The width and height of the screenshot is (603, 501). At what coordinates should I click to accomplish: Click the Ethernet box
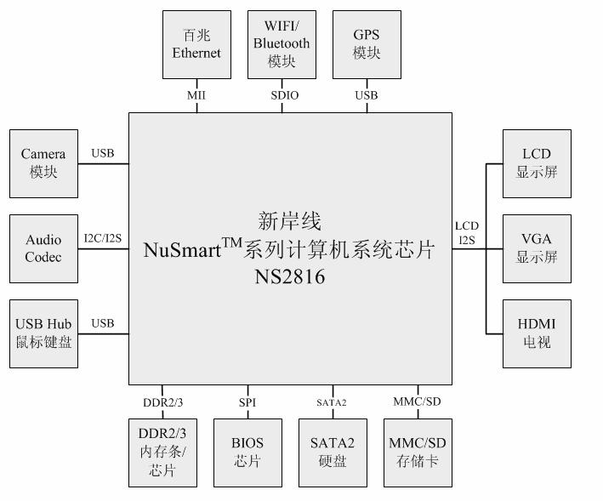pos(196,44)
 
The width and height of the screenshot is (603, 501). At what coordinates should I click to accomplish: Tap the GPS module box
pos(367,44)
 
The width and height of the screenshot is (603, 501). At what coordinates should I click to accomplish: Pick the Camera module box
pos(43,163)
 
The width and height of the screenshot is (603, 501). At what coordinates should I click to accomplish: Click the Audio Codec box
pos(43,248)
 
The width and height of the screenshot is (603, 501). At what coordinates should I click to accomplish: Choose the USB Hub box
pos(43,333)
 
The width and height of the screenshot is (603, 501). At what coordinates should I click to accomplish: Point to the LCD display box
pos(537,163)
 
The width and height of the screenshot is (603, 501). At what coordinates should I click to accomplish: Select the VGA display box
pos(537,248)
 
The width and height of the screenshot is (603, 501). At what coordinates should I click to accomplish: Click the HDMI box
pos(537,333)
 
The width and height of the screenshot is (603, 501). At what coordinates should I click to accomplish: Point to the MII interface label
pos(196,95)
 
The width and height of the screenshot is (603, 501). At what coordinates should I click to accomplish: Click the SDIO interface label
pos(285,95)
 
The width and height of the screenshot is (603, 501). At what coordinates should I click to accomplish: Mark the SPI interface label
pos(247,401)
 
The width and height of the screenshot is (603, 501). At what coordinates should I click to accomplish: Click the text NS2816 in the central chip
pos(288,277)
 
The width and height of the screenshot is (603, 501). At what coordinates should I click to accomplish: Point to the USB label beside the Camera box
pos(103,154)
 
